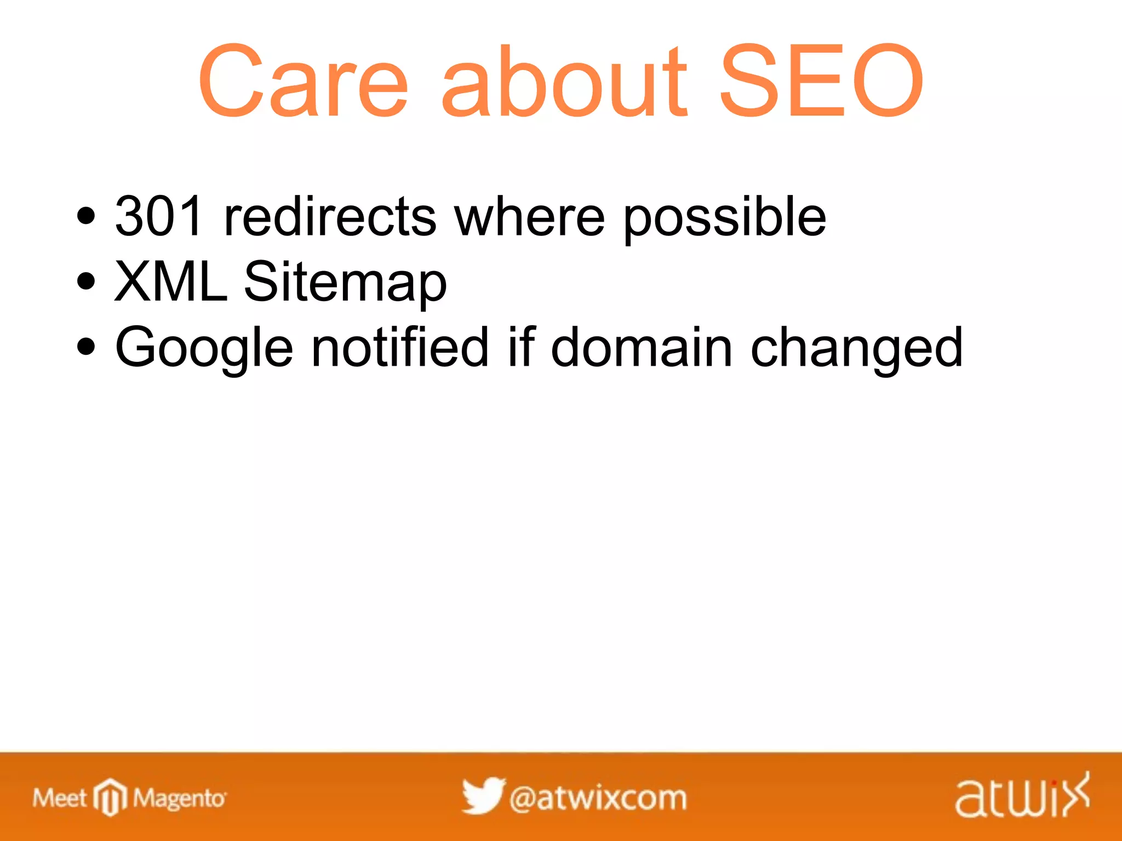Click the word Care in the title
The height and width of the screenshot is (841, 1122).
pos(303,82)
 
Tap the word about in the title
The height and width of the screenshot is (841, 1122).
pos(564,82)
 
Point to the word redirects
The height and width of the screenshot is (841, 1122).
pos(330,217)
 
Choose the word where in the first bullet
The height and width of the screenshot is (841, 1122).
pos(530,218)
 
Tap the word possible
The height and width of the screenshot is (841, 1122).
pos(724,218)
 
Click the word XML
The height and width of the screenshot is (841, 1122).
pos(170,281)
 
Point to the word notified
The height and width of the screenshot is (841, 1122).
pos(399,347)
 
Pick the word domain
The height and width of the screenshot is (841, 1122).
pos(641,347)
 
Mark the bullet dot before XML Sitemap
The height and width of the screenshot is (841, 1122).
pos(86,281)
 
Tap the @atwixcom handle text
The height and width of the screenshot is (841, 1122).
pos(598,798)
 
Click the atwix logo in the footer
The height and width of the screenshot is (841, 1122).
pos(1022,796)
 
